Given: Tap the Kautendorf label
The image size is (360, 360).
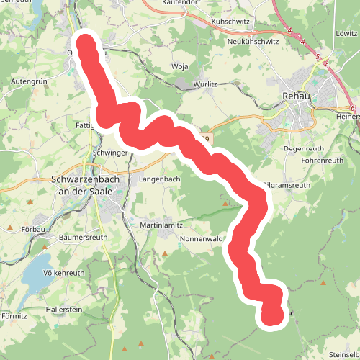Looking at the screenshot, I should tap(180, 4).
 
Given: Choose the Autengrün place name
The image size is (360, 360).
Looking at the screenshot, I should tap(29, 82).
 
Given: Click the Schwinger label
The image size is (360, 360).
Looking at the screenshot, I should tap(110, 153).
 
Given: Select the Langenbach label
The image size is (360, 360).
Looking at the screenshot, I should tap(159, 178).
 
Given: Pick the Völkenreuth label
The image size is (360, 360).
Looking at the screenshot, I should tap(64, 273).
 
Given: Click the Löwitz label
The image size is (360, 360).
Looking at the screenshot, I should tap(346, 33).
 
